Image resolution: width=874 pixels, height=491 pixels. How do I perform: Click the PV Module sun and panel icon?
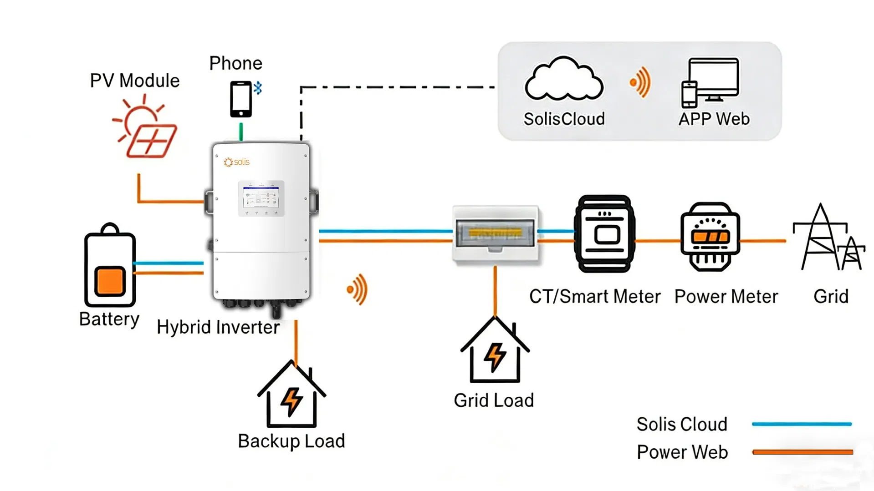pyautogui.click(x=145, y=128)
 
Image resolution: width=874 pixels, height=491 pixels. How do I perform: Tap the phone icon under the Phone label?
pyautogui.click(x=240, y=99)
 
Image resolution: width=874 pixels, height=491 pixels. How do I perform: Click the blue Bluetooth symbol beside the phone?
pyautogui.click(x=258, y=88)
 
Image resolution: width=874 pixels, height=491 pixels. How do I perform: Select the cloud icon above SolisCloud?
pyautogui.click(x=564, y=80)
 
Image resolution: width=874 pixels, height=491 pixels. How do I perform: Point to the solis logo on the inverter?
pyautogui.click(x=237, y=162)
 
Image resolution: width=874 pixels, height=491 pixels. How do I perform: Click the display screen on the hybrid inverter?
pyautogui.click(x=261, y=198)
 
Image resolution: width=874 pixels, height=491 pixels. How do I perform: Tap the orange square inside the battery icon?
pyautogui.click(x=110, y=281)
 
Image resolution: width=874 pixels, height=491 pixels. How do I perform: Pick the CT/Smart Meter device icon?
pyautogui.click(x=605, y=234)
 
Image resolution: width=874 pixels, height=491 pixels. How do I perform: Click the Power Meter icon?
pyautogui.click(x=710, y=237)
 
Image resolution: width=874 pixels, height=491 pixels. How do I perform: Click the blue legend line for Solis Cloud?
pyautogui.click(x=802, y=424)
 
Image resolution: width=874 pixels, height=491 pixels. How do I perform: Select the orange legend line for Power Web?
pyautogui.click(x=802, y=452)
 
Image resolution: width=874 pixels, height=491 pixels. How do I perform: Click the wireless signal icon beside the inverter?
pyautogui.click(x=358, y=289)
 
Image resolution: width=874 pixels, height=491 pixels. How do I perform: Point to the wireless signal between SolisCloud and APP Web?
pyautogui.click(x=640, y=82)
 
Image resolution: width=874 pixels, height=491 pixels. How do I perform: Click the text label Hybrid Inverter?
pyautogui.click(x=218, y=327)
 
